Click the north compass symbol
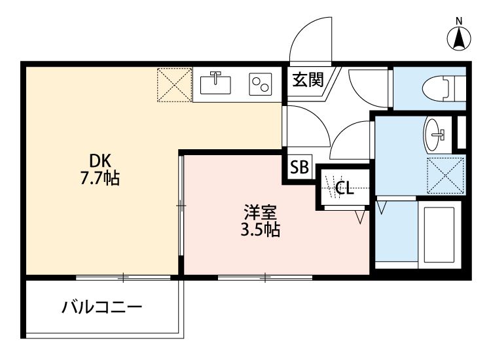[x=460, y=37]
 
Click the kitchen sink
[x=215, y=83]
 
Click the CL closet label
[x=344, y=189]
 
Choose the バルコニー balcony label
[x=101, y=307]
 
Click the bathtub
[x=441, y=233]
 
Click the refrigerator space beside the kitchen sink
[x=173, y=84]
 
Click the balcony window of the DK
[x=122, y=278]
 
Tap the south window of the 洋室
[x=265, y=278]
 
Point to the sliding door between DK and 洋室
[x=181, y=206]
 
